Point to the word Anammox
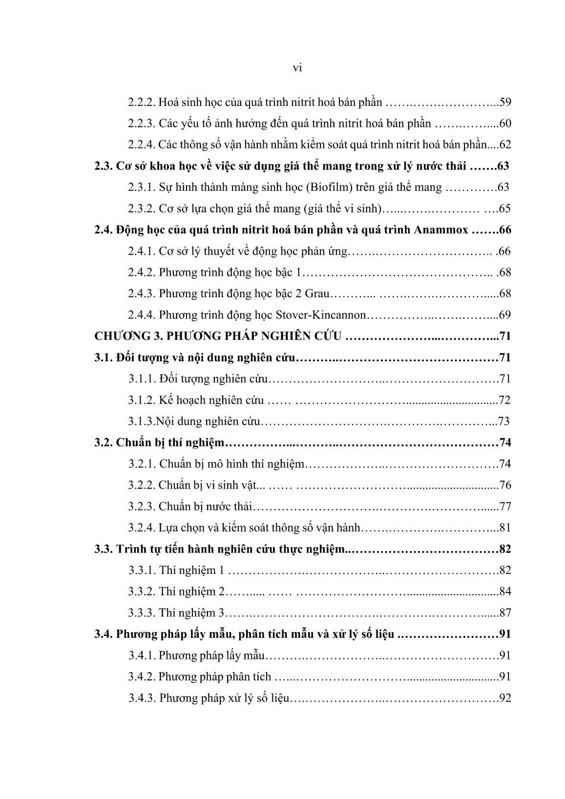pyautogui.click(x=444, y=230)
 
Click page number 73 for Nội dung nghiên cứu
pyautogui.click(x=503, y=422)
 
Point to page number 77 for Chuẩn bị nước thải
pyautogui.click(x=505, y=507)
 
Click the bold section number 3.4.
pyautogui.click(x=104, y=635)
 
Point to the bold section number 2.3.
pyautogui.click(x=104, y=166)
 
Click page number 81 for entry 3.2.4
pyautogui.click(x=505, y=528)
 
